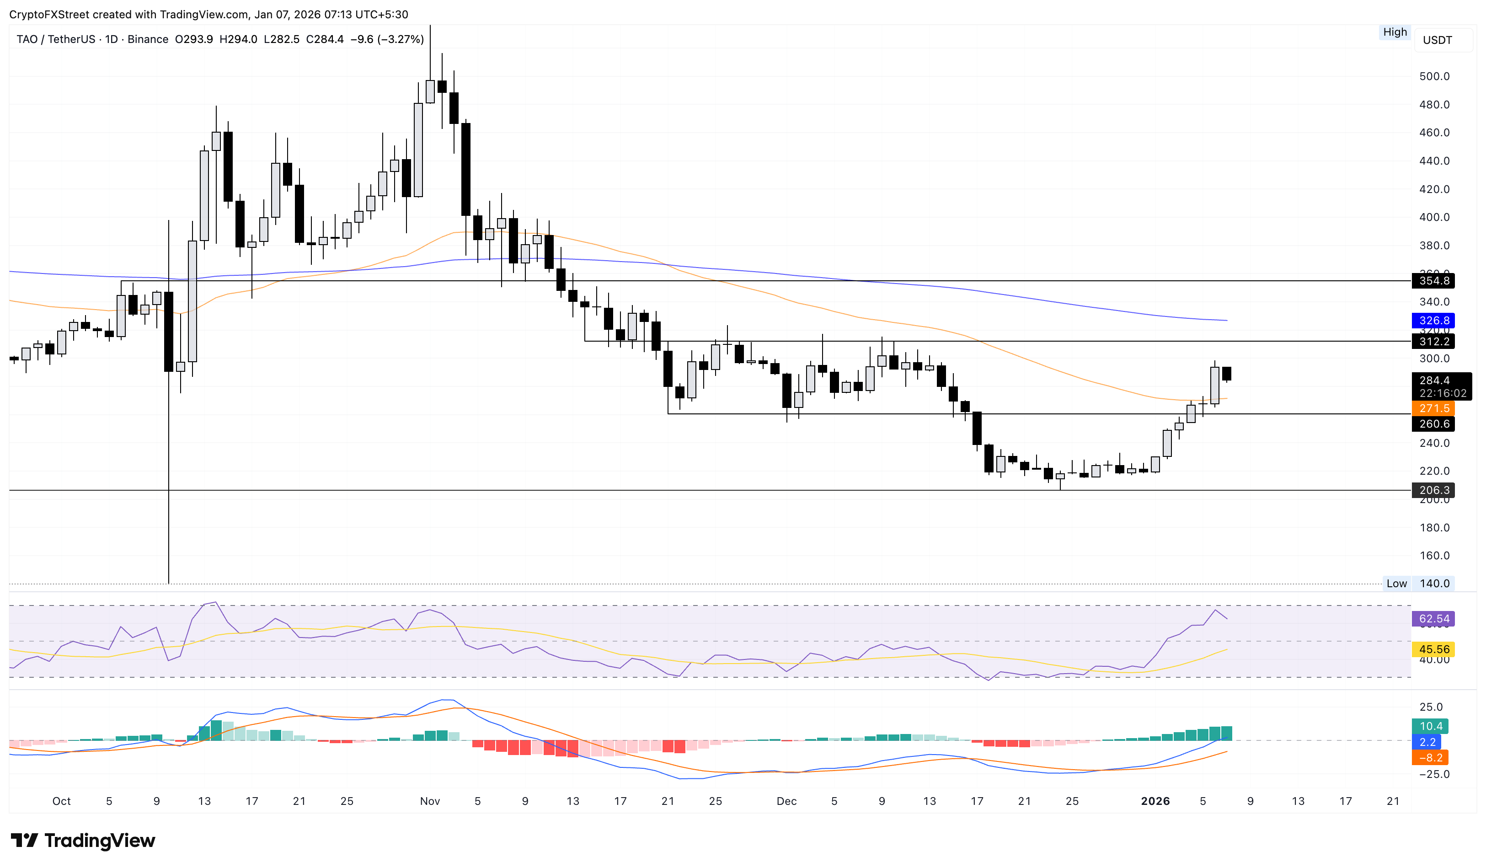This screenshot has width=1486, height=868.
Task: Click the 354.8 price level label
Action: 1433,281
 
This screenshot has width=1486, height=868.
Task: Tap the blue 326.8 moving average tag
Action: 1433,321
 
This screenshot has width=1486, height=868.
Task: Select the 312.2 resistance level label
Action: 1433,342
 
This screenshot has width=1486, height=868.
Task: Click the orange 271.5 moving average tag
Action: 1433,408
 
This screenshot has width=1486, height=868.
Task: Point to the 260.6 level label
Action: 1433,424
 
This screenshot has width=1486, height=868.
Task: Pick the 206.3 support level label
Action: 1433,490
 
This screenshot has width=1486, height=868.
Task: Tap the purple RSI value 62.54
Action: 1433,619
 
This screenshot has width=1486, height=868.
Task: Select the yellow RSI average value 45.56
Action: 1433,649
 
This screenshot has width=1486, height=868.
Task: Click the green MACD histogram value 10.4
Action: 1431,726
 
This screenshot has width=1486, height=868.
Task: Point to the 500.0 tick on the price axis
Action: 1434,76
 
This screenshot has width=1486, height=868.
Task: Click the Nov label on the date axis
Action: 430,801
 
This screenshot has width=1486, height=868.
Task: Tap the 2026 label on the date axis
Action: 1155,801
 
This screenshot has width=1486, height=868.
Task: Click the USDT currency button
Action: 1437,40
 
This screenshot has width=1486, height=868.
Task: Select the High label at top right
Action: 1395,32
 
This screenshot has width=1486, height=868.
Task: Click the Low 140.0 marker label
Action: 1418,583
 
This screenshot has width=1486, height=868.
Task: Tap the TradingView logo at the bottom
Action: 83,840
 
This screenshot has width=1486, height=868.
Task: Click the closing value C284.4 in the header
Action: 324,39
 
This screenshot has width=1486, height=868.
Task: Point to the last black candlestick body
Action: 1227,373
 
